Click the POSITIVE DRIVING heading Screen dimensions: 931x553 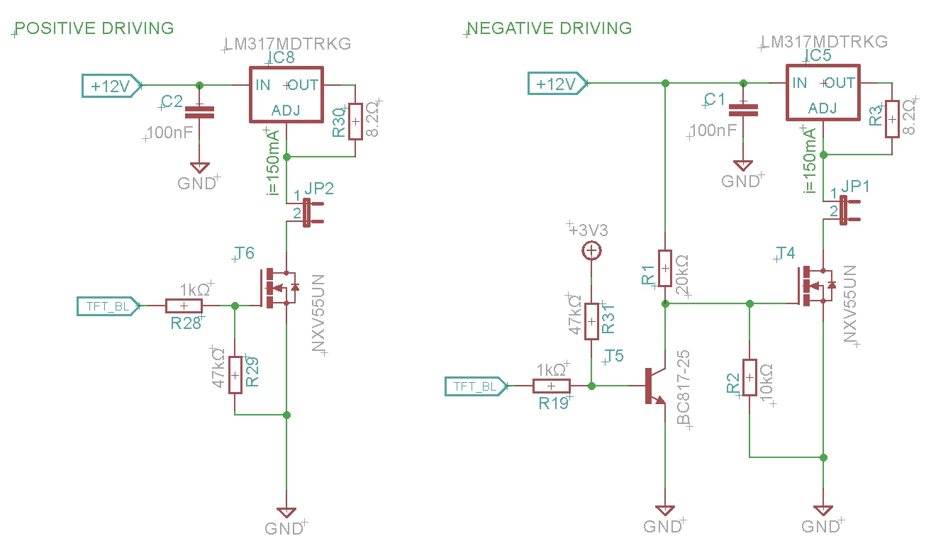[x=94, y=28]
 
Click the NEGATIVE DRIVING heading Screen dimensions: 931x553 [x=549, y=28]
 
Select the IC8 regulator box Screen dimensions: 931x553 [x=286, y=95]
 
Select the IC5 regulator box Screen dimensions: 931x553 [x=823, y=93]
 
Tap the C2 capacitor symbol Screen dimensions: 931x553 [x=199, y=112]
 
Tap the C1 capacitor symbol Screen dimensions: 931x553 [x=743, y=110]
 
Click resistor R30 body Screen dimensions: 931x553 [x=355, y=121]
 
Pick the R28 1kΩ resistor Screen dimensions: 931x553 [x=184, y=306]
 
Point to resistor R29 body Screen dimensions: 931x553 [x=235, y=375]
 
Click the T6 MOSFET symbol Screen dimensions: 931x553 [x=279, y=288]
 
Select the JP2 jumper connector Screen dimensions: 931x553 [x=310, y=212]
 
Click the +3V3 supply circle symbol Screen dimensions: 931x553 [x=591, y=251]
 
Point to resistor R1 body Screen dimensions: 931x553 [x=665, y=269]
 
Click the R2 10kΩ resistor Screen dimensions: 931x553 [x=749, y=377]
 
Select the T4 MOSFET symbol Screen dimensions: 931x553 [x=815, y=286]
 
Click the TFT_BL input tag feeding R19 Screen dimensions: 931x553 [x=476, y=386]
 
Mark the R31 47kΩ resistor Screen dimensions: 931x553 [x=591, y=322]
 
